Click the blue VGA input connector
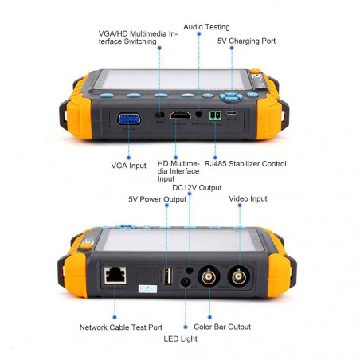129,119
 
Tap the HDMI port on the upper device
181,115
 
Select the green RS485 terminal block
215,115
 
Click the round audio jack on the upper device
199,114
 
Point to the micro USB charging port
232,113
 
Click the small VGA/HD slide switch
159,115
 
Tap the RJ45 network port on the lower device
115,276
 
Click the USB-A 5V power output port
167,276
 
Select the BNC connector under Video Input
239,276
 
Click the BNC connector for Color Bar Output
209,277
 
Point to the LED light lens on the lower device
186,282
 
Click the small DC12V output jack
189,270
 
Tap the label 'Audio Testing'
206,27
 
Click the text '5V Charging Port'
246,41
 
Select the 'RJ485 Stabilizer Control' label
245,164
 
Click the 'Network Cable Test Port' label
121,327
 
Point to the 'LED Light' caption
181,338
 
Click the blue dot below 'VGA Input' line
129,158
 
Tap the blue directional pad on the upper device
231,97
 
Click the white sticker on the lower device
147,289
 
